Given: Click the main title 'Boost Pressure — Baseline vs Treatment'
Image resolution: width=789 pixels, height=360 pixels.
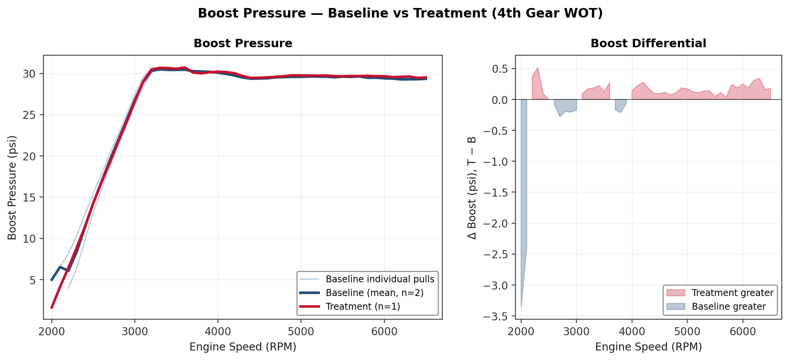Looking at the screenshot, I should click(x=400, y=13).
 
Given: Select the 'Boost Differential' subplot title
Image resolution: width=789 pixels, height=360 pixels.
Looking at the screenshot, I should click(x=648, y=43).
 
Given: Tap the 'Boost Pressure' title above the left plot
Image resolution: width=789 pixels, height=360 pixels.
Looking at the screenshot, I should click(x=243, y=43).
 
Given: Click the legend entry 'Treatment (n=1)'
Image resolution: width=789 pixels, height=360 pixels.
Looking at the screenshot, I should click(x=363, y=307).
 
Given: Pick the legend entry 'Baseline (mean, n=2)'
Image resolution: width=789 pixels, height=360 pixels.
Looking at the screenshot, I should click(x=374, y=293).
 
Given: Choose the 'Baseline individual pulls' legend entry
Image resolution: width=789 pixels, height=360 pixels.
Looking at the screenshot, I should click(x=380, y=279).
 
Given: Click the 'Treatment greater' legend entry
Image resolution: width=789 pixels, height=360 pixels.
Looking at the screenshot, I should click(x=732, y=293).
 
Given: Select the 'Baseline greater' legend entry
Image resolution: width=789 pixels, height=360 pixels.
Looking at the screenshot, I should click(x=728, y=307).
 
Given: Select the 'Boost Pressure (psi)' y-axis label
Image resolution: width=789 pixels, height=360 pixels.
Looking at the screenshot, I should click(x=12, y=187).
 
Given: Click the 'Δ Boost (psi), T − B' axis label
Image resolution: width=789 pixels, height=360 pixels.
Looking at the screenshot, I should click(x=472, y=187).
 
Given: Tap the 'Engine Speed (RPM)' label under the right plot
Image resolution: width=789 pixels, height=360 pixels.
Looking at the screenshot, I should click(x=648, y=347).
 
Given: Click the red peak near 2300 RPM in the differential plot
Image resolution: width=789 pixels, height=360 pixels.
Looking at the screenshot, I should click(x=538, y=68).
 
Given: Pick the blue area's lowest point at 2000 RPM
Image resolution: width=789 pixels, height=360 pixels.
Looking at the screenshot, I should click(x=521, y=307).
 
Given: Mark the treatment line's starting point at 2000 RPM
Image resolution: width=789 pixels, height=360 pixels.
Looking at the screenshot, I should click(x=52, y=308).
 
